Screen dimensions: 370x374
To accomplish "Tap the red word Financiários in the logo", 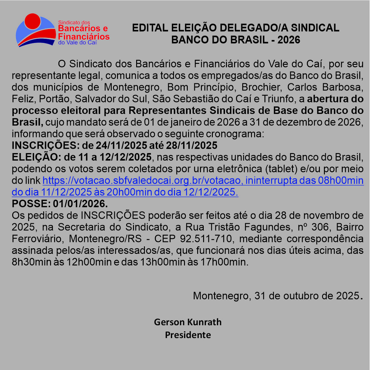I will (x=84, y=36).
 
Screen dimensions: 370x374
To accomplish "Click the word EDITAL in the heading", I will (x=150, y=28).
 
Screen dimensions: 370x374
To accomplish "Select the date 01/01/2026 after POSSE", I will (x=80, y=204).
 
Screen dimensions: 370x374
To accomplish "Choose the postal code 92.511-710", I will (x=206, y=239).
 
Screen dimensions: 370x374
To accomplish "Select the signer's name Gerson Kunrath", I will (x=187, y=322).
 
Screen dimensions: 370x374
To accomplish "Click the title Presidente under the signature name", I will (x=188, y=335).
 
